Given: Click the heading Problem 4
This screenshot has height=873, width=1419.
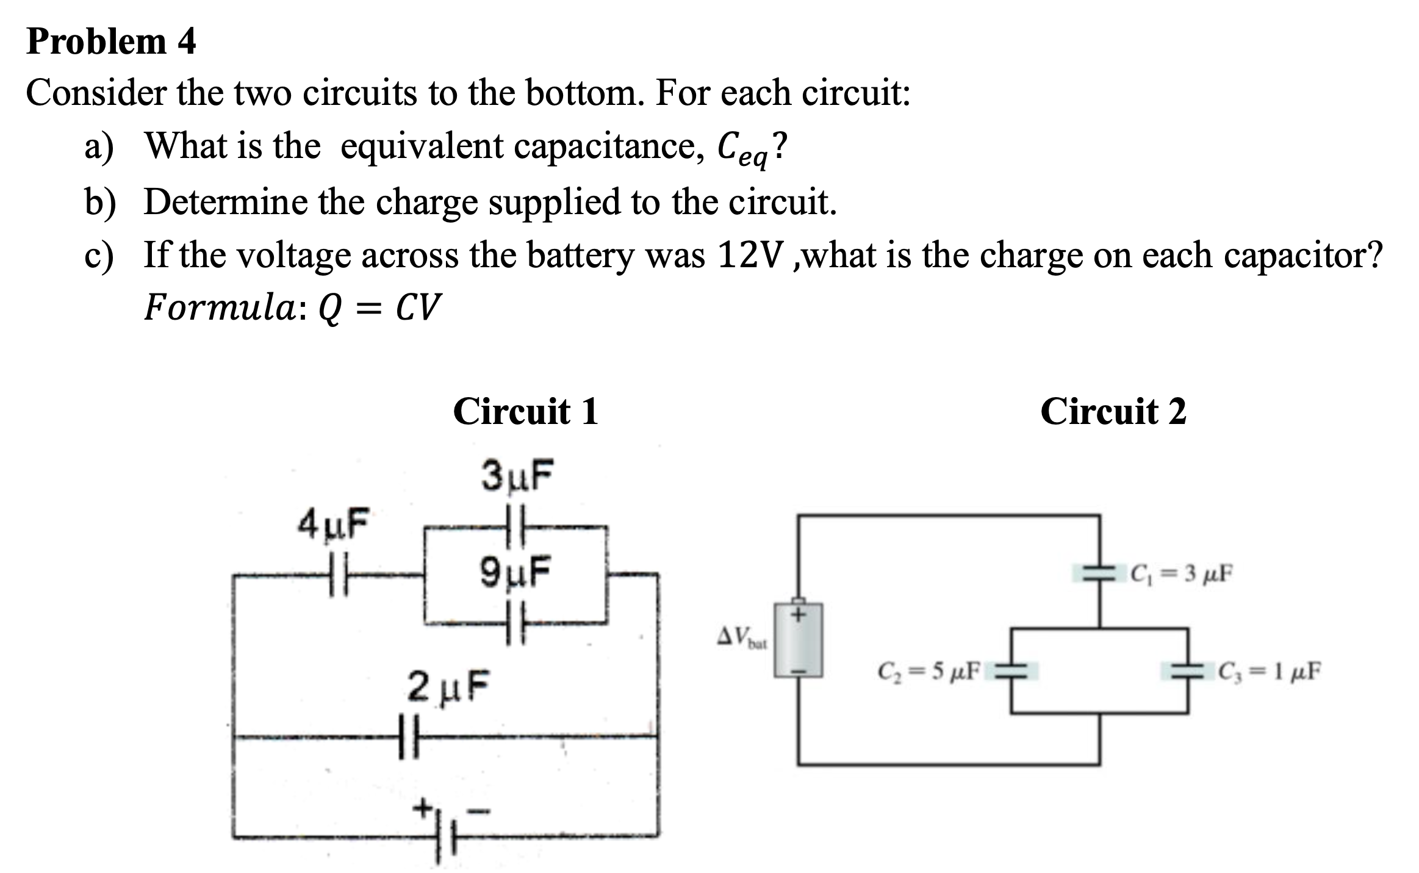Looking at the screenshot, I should point(111,41).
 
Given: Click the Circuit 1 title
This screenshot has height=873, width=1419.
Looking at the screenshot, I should point(525,411).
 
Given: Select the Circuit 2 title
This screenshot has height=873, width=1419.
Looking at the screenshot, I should point(1113,411).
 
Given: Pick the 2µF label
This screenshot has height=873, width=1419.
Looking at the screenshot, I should point(448,686).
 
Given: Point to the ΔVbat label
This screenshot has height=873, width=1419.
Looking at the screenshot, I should point(741,638).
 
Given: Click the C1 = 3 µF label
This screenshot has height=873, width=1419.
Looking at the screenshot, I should point(1180,573).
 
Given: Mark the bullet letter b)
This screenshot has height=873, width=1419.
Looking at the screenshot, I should point(100,203).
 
